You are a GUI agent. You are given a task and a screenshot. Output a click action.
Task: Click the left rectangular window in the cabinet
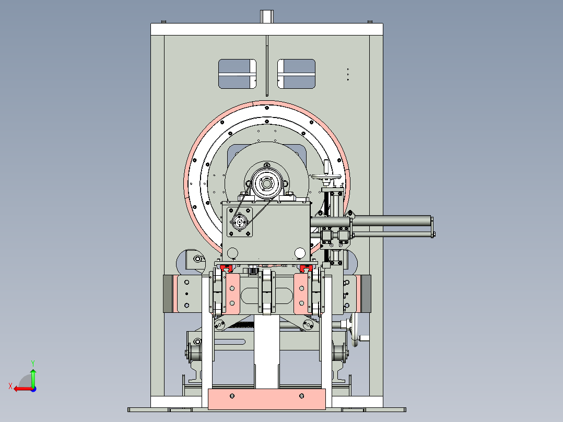tap(237, 74)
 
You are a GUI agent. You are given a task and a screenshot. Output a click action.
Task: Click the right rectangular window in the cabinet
tap(296, 74)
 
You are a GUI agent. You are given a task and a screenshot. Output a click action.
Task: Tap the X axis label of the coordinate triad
tap(10, 386)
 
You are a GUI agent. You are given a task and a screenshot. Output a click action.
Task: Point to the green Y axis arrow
tap(33, 378)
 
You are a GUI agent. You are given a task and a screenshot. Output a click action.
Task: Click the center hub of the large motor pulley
tap(266, 184)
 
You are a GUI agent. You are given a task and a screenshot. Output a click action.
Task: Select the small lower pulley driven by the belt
tap(239, 222)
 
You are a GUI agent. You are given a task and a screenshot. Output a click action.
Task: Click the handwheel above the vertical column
tap(326, 177)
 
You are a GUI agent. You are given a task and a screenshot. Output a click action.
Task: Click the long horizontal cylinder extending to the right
tap(392, 220)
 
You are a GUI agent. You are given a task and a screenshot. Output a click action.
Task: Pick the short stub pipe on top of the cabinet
tap(267, 17)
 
